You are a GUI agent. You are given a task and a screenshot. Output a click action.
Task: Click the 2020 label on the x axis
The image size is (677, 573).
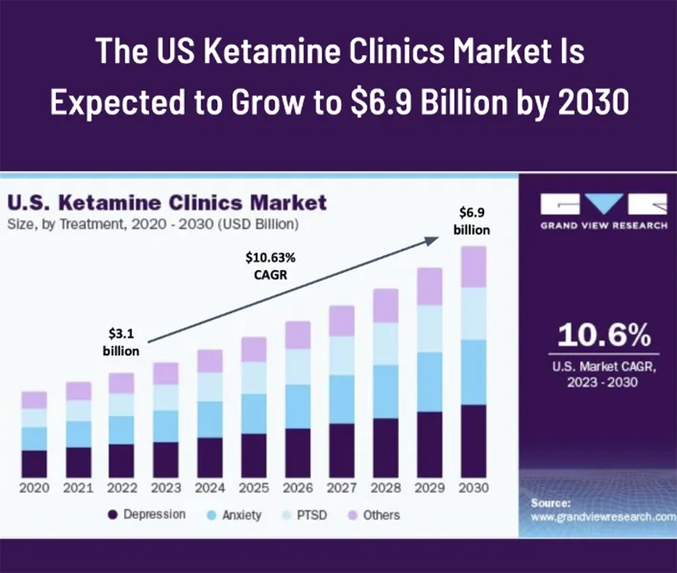pos(34,488)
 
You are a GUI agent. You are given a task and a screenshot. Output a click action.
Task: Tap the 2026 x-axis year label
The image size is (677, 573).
pos(298,488)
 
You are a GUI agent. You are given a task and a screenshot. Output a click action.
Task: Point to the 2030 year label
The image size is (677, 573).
pos(474,488)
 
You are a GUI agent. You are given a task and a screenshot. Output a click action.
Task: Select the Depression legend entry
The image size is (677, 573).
pos(146,515)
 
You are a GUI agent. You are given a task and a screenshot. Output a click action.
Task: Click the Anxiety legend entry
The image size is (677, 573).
pos(234,515)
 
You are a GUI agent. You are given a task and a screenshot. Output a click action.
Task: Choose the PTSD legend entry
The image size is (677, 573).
pos(304,515)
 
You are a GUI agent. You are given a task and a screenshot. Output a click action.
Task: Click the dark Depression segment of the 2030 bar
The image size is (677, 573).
pos(474,441)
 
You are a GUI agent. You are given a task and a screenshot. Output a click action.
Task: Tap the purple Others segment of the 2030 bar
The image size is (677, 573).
pos(474,266)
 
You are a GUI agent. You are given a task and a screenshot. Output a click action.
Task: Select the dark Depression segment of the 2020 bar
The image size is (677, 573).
pos(34,464)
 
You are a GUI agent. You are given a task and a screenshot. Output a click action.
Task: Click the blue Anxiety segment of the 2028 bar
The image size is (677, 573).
pos(386,391)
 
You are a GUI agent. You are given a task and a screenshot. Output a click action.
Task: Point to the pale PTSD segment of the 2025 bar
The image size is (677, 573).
pos(254,377)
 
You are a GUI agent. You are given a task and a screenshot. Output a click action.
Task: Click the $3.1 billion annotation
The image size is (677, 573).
pos(121,342)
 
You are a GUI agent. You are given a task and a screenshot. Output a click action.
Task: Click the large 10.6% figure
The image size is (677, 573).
pos(605,335)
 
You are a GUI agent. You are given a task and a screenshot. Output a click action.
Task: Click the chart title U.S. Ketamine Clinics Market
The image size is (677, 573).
pos(167,203)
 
